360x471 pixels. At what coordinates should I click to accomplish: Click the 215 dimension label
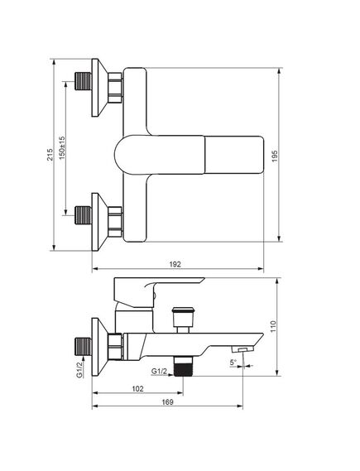[50, 154]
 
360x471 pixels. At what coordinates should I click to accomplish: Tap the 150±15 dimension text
[61, 148]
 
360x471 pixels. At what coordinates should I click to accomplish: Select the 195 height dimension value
[275, 156]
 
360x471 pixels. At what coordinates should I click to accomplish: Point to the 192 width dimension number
[175, 264]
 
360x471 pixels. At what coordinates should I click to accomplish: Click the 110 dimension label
[273, 326]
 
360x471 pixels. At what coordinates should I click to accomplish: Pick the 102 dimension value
[138, 389]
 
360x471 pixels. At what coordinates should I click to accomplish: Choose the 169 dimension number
[167, 402]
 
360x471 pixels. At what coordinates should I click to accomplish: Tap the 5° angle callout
[233, 363]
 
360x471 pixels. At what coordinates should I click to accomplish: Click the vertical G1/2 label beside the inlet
[79, 369]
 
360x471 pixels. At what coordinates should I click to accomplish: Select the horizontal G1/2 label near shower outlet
[159, 372]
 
